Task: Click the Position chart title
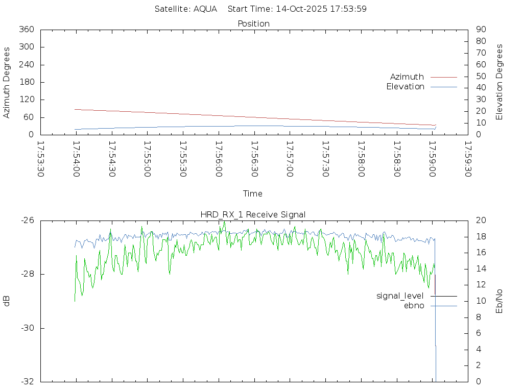click(x=253, y=23)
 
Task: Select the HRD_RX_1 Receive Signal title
click(x=253, y=214)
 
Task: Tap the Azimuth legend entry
click(x=407, y=77)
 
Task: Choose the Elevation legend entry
click(x=405, y=87)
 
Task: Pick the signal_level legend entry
click(x=400, y=296)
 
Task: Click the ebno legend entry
click(x=414, y=306)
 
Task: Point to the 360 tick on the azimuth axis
click(x=26, y=30)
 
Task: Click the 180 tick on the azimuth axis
click(x=26, y=82)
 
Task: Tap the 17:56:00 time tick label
click(x=219, y=159)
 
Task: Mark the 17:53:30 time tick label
click(x=41, y=159)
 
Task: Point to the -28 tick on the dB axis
click(x=27, y=274)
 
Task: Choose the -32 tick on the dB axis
click(x=27, y=381)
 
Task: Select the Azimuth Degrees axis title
click(x=7, y=82)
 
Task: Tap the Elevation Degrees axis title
click(x=500, y=82)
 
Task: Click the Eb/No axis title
click(x=500, y=301)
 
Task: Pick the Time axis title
click(x=253, y=193)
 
